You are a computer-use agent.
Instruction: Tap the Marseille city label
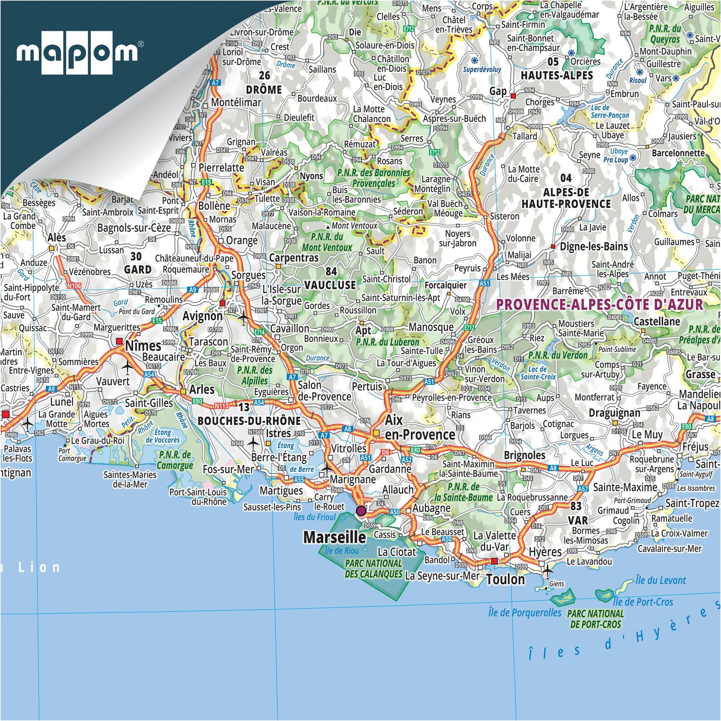coord(334,538)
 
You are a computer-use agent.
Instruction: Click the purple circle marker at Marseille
coord(361,511)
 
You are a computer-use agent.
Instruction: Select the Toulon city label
coord(505,579)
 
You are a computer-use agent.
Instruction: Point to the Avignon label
coord(202,316)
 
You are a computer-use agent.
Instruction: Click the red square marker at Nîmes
coord(119,341)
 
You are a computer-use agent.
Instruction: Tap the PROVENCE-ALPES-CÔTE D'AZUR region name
coord(599,304)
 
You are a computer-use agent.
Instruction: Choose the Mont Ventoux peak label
coord(354,226)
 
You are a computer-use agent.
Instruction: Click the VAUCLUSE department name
coord(330,285)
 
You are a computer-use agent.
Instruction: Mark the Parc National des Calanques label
coord(373,568)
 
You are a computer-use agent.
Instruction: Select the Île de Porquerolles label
coord(525,612)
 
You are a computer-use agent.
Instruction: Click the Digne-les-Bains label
coord(594,247)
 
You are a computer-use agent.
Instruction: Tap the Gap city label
coord(498,91)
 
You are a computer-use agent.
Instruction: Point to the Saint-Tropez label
coord(692,503)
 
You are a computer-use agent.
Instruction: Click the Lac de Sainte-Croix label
coord(538,373)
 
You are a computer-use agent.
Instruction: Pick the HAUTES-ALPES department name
coord(557,75)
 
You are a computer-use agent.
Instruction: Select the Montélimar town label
coord(236,103)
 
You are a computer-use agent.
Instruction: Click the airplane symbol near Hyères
coord(548,570)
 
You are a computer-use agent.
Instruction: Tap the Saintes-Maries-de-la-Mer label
coord(130,479)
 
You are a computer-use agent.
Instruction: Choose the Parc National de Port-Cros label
coord(595,619)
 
